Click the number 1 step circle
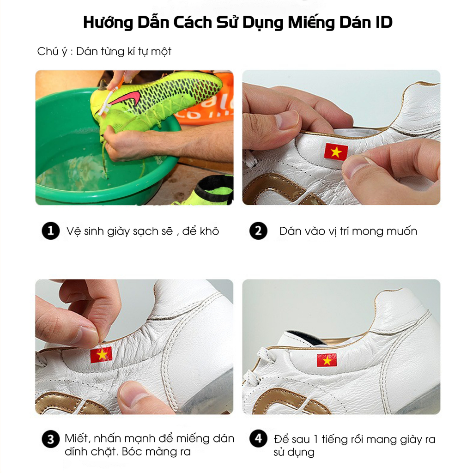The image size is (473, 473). pyautogui.click(x=50, y=231)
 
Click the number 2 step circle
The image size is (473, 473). pyautogui.click(x=258, y=231)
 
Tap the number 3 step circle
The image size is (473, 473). pyautogui.click(x=50, y=439)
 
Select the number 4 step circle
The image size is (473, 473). pyautogui.click(x=258, y=439)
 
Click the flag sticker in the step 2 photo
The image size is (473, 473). pyautogui.click(x=336, y=152)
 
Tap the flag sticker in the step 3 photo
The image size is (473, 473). pyautogui.click(x=101, y=355)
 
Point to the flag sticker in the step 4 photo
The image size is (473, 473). pyautogui.click(x=327, y=360)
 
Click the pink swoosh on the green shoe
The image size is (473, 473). pyautogui.click(x=132, y=96)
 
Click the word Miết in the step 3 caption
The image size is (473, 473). pyautogui.click(x=75, y=438)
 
